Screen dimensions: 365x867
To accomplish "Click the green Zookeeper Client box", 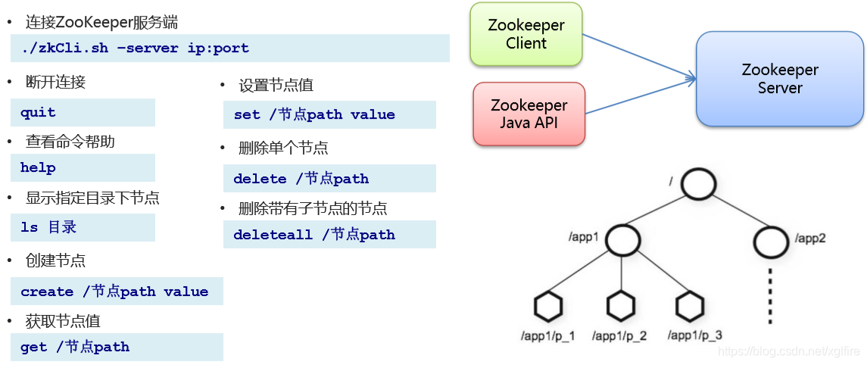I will (x=526, y=34).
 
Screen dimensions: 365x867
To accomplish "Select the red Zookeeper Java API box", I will (x=529, y=114).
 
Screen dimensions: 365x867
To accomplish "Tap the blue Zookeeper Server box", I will (x=780, y=79).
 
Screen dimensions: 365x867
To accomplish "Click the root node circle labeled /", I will (x=697, y=183).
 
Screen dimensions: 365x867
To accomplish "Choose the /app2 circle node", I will (x=772, y=240).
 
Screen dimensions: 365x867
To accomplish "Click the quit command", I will (x=38, y=113).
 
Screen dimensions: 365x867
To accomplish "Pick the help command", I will (x=38, y=168).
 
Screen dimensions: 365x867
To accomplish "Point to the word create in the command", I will (x=47, y=292).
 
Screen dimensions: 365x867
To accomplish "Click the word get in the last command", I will (x=33, y=347).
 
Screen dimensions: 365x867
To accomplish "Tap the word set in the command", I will (x=247, y=115).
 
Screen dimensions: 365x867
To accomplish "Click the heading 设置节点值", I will (x=276, y=86).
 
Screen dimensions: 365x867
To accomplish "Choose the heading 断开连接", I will (x=55, y=83).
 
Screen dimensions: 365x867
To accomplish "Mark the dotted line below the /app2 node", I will (x=771, y=295).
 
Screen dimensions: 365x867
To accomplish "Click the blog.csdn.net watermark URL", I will (x=788, y=351).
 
